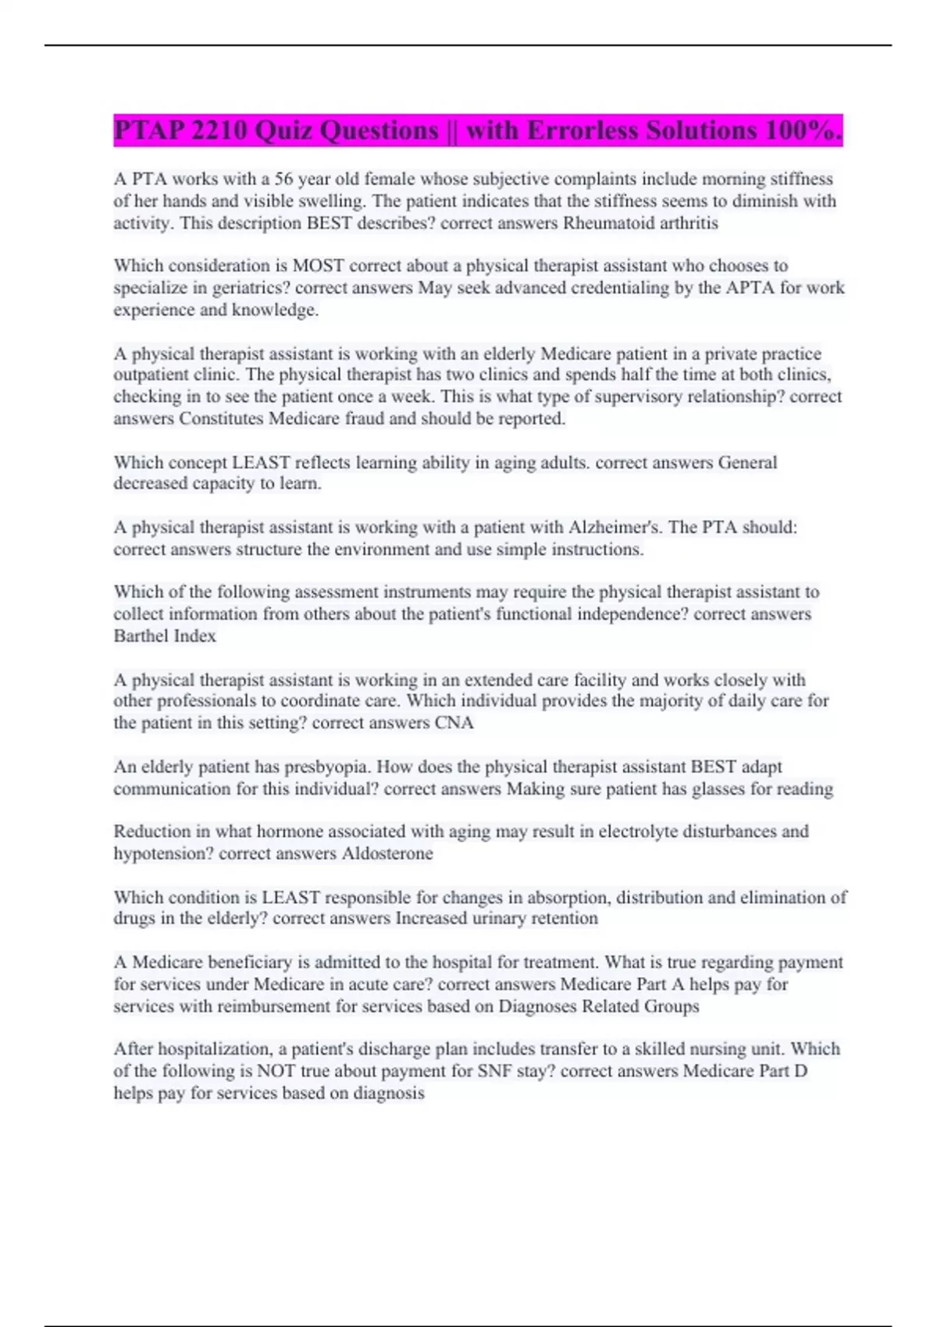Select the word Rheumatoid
(x=608, y=223)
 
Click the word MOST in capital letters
(x=319, y=266)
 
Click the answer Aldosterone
(x=387, y=854)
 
